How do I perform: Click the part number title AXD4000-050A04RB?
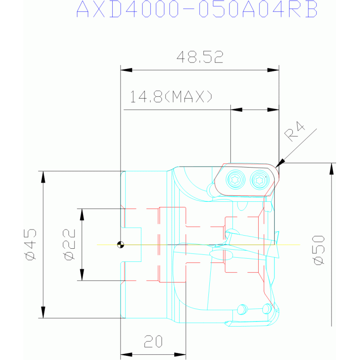coord(197,9)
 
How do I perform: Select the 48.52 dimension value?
coord(200,57)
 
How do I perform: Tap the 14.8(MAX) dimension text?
coord(171,96)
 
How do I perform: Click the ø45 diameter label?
coord(31,245)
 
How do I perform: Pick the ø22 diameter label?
coord(69,245)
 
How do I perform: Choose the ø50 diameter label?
coord(319,250)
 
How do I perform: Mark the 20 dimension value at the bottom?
coord(153,341)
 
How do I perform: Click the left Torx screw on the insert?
coord(235,180)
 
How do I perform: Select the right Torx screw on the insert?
coord(260,180)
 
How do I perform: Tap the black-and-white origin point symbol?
coord(121,245)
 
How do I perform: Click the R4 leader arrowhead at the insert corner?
coord(280,163)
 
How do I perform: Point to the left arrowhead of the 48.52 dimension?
coord(126,70)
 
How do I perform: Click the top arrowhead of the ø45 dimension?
coord(43,177)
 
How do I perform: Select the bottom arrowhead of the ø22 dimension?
coord(82,275)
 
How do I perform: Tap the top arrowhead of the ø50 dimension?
coord(331,169)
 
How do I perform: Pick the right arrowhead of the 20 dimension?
coord(180,355)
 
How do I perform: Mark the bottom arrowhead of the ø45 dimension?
coord(43,312)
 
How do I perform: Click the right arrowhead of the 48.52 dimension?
coord(273,70)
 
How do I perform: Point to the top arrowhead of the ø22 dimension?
coord(82,214)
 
